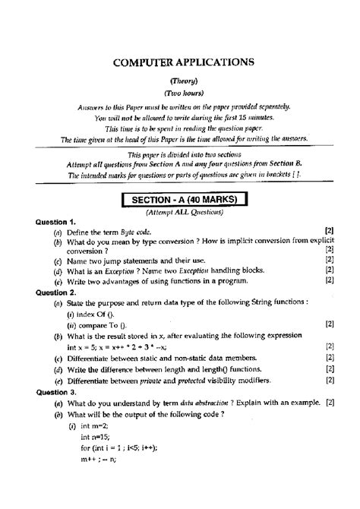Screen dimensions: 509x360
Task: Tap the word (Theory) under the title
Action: point(179,81)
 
